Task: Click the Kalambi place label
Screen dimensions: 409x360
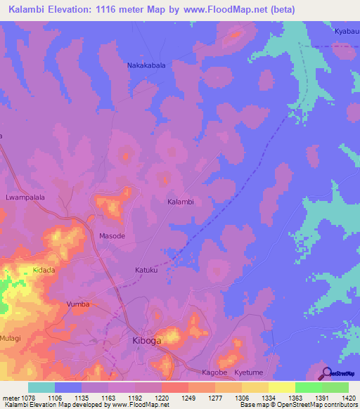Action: pos(180,202)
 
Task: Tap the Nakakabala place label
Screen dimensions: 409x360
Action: pos(146,65)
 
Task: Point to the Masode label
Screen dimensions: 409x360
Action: pos(112,236)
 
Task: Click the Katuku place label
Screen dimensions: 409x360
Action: pos(147,269)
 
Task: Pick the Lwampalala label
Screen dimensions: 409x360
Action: pos(25,197)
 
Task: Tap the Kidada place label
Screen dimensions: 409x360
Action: pos(44,270)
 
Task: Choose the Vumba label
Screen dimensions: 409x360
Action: pos(78,304)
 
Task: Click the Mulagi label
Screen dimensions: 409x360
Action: pos(12,338)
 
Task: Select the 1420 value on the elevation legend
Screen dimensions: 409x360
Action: pos(349,397)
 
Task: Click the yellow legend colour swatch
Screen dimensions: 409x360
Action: pos(281,387)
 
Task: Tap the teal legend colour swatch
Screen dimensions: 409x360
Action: pos(41,387)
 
